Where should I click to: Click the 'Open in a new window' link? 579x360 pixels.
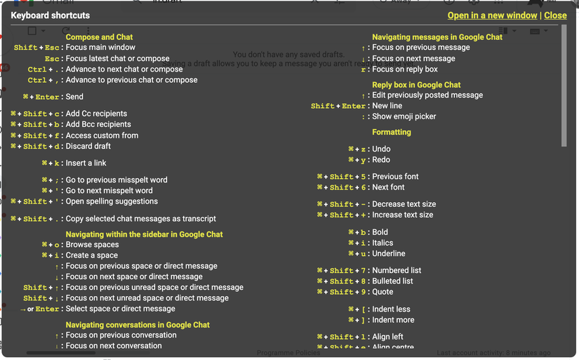click(x=492, y=15)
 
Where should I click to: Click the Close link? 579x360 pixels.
click(x=555, y=15)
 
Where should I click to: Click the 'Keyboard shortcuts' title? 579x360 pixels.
click(x=51, y=15)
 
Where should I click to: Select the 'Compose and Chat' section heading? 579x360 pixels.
click(x=99, y=37)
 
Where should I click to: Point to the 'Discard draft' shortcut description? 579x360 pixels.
click(x=88, y=146)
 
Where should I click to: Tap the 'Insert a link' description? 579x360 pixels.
click(x=86, y=163)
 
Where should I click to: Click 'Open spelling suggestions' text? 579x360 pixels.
click(x=112, y=201)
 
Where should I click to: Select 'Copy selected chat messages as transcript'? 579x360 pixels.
click(x=140, y=218)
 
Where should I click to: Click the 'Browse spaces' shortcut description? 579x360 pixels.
click(x=92, y=244)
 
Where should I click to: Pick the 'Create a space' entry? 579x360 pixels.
click(x=91, y=255)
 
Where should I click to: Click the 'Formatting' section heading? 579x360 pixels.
click(x=392, y=132)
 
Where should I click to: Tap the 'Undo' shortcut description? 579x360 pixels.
click(x=381, y=149)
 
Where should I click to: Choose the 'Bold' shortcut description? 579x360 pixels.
click(x=380, y=232)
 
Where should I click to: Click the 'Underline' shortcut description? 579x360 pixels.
click(x=389, y=253)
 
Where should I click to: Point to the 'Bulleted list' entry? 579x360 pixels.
click(x=392, y=281)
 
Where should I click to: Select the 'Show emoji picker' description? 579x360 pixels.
click(x=404, y=116)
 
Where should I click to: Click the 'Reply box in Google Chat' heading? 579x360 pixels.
click(x=416, y=85)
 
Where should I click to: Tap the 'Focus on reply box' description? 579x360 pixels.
click(x=405, y=69)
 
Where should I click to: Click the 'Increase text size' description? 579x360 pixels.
click(x=403, y=215)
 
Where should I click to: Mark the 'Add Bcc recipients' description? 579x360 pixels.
click(x=98, y=124)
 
